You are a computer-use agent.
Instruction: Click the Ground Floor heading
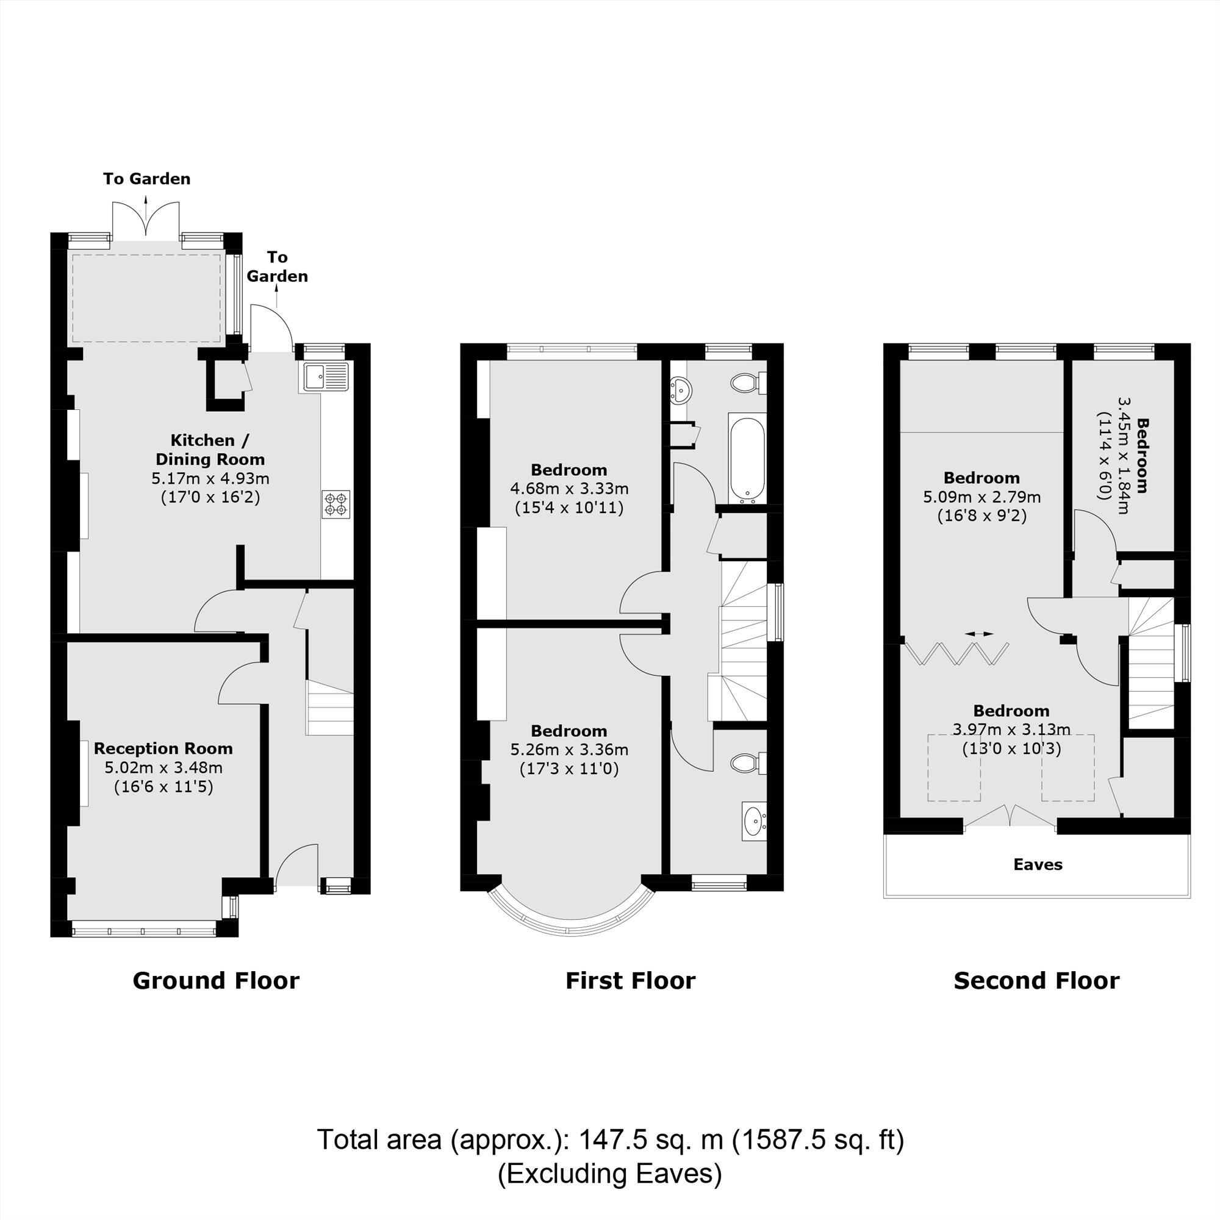(x=216, y=981)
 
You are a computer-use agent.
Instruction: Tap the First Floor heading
(x=630, y=981)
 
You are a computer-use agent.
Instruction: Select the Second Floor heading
(x=1036, y=981)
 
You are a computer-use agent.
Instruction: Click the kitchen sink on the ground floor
(x=325, y=377)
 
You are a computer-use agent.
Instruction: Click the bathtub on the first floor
(x=747, y=459)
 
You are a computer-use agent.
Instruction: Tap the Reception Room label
(x=163, y=748)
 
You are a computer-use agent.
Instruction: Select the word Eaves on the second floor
(x=1038, y=864)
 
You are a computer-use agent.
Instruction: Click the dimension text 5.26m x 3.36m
(x=569, y=750)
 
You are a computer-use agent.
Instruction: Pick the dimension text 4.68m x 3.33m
(x=569, y=489)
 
